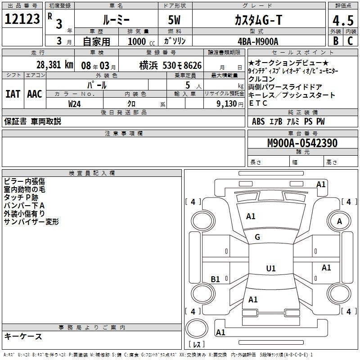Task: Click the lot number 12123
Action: (22, 19)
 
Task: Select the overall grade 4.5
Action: (343, 20)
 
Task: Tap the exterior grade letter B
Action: (336, 40)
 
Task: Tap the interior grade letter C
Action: (350, 40)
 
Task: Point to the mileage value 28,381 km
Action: (54, 65)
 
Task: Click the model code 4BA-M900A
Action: (258, 41)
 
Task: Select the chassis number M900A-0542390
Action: (302, 143)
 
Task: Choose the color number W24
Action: (74, 104)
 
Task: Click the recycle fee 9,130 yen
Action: (230, 104)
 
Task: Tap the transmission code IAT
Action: (13, 94)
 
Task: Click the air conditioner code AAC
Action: (35, 94)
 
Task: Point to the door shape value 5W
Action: (174, 20)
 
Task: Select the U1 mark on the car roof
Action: (271, 268)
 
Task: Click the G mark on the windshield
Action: (257, 237)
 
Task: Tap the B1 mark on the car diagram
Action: (215, 279)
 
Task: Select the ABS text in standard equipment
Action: (258, 121)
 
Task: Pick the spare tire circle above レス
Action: (197, 328)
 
